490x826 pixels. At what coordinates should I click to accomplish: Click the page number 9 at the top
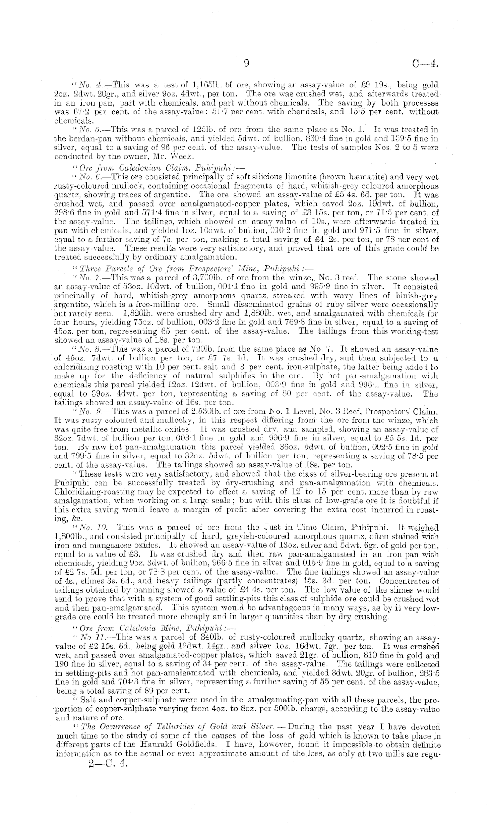(x=246, y=64)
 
